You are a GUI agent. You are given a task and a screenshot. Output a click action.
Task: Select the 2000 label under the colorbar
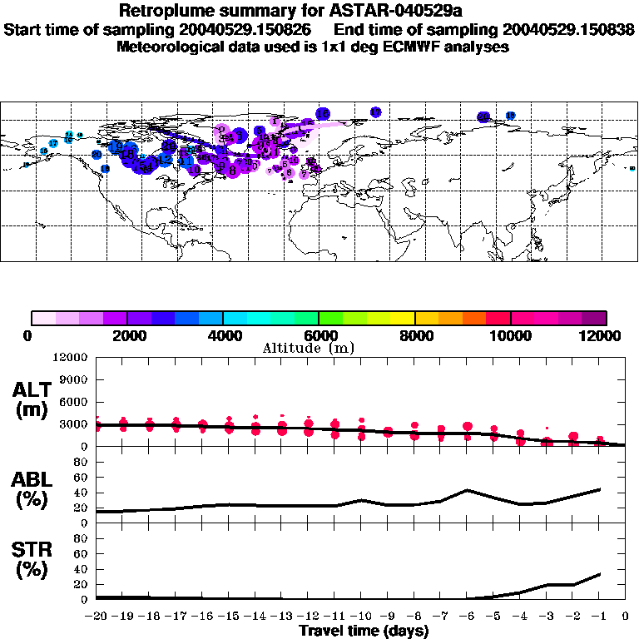(126, 335)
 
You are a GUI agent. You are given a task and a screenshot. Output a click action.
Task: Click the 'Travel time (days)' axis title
(364, 632)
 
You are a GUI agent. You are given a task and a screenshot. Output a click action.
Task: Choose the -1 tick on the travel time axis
(599, 617)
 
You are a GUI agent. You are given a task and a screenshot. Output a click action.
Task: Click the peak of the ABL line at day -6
(468, 490)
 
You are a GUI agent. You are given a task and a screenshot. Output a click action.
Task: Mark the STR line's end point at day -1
(600, 574)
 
